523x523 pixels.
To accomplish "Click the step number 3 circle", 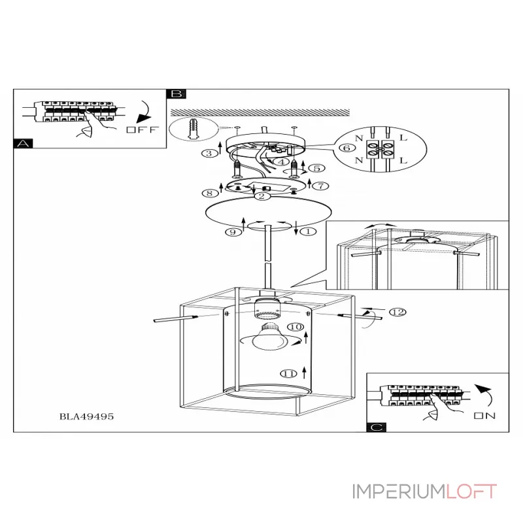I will click(x=208, y=154).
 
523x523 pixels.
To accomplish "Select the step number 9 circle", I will click(x=231, y=232).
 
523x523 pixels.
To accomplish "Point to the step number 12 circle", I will click(x=396, y=312).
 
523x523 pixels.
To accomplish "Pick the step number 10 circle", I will click(x=295, y=326).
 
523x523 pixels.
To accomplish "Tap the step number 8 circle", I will click(x=209, y=193).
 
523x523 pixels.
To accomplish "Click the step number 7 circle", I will click(x=320, y=186).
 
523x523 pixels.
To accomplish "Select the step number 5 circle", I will click(x=318, y=167).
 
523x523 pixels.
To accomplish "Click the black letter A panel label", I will click(x=23, y=144).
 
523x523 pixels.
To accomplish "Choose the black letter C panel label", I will click(x=377, y=428).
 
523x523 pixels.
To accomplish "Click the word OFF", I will click(x=142, y=129).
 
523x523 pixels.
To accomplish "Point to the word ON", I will click(x=485, y=415).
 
